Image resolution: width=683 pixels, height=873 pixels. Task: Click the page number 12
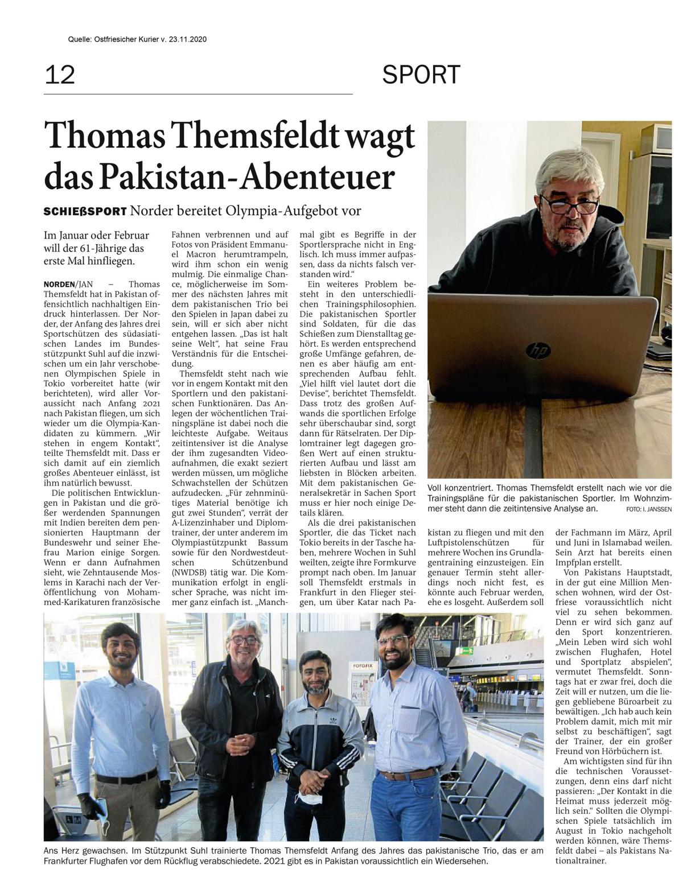pos(60,74)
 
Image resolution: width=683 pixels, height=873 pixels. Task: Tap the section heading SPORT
pos(421,75)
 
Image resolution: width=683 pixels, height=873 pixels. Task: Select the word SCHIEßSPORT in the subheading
pos(85,211)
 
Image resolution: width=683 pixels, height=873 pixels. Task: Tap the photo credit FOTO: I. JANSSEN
pos(648,508)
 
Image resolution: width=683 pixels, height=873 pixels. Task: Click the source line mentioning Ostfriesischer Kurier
pos(137,40)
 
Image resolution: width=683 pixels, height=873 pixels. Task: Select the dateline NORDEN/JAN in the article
pos(67,283)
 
